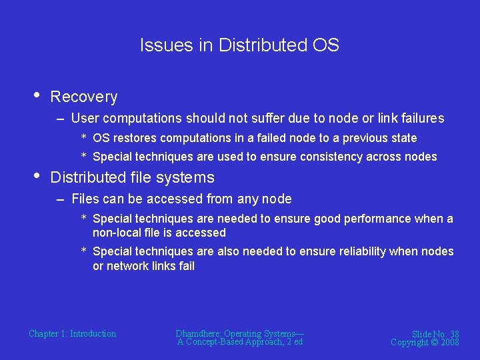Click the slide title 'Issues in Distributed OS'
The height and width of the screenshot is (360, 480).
click(x=239, y=45)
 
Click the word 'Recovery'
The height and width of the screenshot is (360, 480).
click(x=84, y=97)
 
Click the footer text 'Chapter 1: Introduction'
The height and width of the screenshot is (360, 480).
click(x=72, y=334)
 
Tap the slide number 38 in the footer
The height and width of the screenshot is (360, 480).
click(x=453, y=334)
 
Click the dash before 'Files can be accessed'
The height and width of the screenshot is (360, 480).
click(x=61, y=199)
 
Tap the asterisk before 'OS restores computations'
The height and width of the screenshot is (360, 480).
click(x=84, y=138)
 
